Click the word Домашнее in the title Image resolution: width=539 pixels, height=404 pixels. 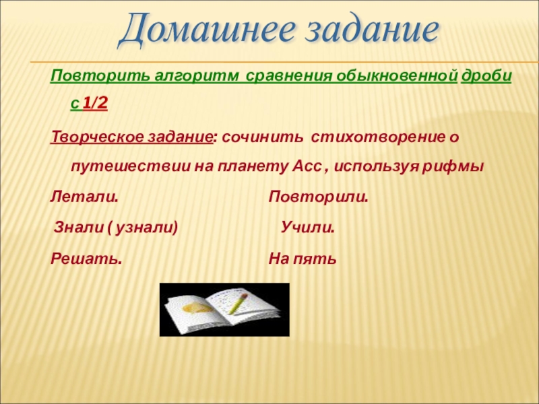[x=206, y=30]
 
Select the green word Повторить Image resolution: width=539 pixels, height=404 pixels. [x=100, y=76]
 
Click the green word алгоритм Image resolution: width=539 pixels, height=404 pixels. [x=196, y=76]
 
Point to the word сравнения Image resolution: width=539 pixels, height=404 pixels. [x=289, y=76]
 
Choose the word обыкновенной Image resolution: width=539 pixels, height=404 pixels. [x=397, y=76]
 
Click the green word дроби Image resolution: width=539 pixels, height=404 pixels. [x=486, y=76]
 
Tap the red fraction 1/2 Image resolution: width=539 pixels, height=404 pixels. [x=95, y=103]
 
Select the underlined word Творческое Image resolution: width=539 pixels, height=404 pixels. [x=97, y=137]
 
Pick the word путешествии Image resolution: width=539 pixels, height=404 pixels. [x=131, y=167]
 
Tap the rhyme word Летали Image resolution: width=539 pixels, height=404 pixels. [x=84, y=197]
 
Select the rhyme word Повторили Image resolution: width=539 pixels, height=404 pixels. [x=318, y=197]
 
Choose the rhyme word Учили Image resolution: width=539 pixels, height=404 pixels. [x=308, y=228]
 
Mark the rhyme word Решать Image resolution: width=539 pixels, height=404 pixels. [x=86, y=259]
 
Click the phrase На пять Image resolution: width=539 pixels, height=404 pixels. [x=303, y=259]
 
